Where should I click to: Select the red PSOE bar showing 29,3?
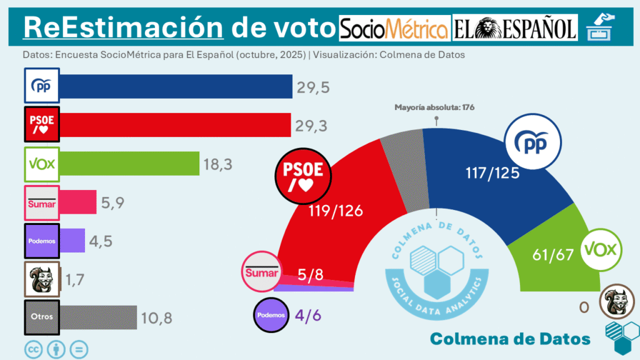(x=176, y=124)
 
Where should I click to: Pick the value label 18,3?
(x=218, y=164)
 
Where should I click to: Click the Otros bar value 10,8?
(x=156, y=317)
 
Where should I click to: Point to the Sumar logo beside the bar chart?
(x=42, y=202)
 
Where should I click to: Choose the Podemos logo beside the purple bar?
(x=42, y=241)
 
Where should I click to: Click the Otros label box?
(x=42, y=317)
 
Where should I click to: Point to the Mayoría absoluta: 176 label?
(x=434, y=107)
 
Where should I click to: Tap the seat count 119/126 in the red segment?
(x=336, y=211)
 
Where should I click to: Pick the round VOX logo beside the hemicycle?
(x=601, y=250)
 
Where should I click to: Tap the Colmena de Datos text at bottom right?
(x=510, y=338)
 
